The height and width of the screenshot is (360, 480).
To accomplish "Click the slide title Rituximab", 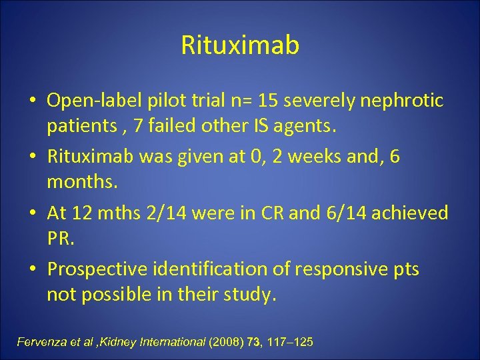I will tap(240, 45).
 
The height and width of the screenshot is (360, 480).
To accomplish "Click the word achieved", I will tap(410, 213).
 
